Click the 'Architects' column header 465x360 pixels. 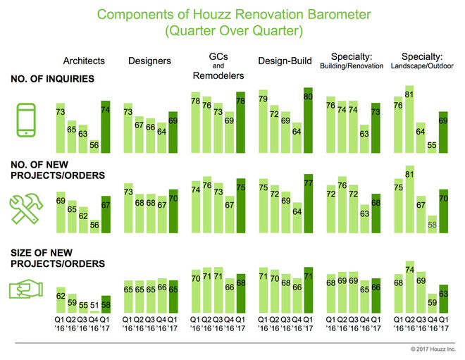[84, 61]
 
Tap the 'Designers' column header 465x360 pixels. [149, 61]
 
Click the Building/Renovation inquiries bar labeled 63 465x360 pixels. [364, 139]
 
